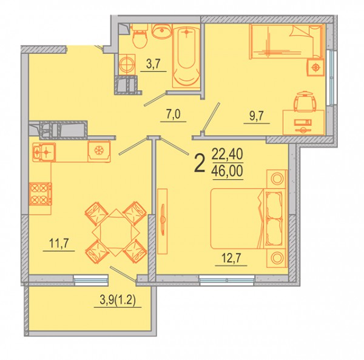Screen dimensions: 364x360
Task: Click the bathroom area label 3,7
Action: [153, 64]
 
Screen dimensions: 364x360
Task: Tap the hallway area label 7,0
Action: [174, 115]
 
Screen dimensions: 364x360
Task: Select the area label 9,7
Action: [257, 116]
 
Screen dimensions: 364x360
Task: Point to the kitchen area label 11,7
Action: [59, 243]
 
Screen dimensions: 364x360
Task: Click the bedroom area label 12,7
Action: [231, 258]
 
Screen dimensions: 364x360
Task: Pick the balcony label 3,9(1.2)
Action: [118, 300]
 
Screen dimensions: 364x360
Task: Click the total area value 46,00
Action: [227, 170]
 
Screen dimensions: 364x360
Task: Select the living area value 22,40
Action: [227, 154]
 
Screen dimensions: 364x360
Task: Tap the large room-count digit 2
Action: [200, 163]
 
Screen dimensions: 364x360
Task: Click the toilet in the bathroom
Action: [140, 36]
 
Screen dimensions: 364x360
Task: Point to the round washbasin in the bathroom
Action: [162, 31]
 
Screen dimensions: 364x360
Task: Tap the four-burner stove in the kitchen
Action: [41, 194]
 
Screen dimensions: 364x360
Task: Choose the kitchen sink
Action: [44, 152]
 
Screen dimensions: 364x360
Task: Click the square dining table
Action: [116, 232]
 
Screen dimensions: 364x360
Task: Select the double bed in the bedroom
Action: [248, 218]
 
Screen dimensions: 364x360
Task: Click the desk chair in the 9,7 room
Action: [305, 101]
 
